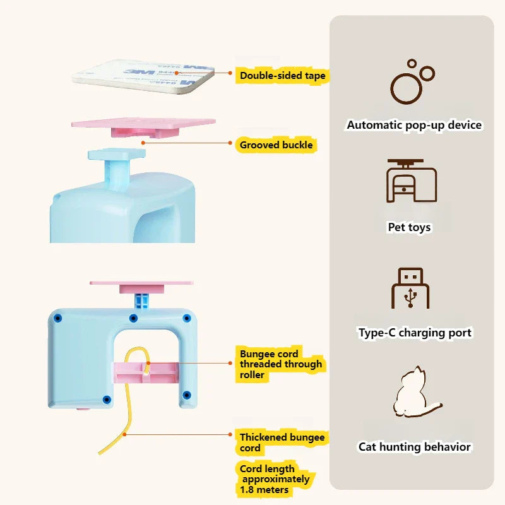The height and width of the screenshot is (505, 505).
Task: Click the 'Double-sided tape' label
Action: pyautogui.click(x=282, y=76)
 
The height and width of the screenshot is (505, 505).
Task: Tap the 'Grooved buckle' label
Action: pyautogui.click(x=276, y=145)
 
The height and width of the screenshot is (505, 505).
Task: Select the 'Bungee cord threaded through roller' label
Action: pyautogui.click(x=280, y=364)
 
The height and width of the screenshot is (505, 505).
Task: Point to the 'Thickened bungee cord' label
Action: pyautogui.click(x=282, y=442)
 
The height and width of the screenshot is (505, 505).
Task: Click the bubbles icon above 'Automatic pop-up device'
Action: pyautogui.click(x=412, y=82)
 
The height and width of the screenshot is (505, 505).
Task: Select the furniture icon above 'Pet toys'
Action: pyautogui.click(x=412, y=182)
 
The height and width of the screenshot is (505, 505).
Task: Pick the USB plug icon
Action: pyautogui.click(x=411, y=288)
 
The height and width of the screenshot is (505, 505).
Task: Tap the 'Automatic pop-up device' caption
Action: pyautogui.click(x=414, y=125)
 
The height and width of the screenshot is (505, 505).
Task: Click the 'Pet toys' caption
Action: pyautogui.click(x=410, y=227)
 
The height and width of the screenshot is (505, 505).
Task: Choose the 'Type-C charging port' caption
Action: pyautogui.click(x=415, y=333)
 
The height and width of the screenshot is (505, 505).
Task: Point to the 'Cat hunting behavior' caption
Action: pyautogui.click(x=415, y=447)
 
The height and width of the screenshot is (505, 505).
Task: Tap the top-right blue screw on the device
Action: pyautogui.click(x=186, y=318)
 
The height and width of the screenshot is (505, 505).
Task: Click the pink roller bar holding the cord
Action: pyautogui.click(x=145, y=372)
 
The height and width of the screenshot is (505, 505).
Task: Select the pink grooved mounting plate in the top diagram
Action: pyautogui.click(x=143, y=123)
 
